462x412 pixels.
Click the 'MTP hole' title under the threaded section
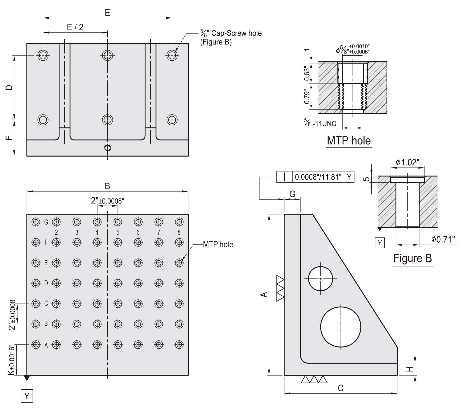point(349,141)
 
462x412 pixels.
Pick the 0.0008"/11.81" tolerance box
point(318,177)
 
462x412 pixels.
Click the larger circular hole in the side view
point(341,327)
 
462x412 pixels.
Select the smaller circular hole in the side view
point(321,279)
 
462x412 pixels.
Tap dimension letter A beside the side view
point(264,294)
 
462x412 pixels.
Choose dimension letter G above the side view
point(292,194)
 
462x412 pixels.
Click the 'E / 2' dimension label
point(75,27)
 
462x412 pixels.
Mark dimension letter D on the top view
point(9,87)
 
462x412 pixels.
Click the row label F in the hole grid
point(46,242)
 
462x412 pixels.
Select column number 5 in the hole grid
point(118,232)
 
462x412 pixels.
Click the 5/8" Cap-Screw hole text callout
point(231,37)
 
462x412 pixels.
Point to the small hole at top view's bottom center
point(107,148)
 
